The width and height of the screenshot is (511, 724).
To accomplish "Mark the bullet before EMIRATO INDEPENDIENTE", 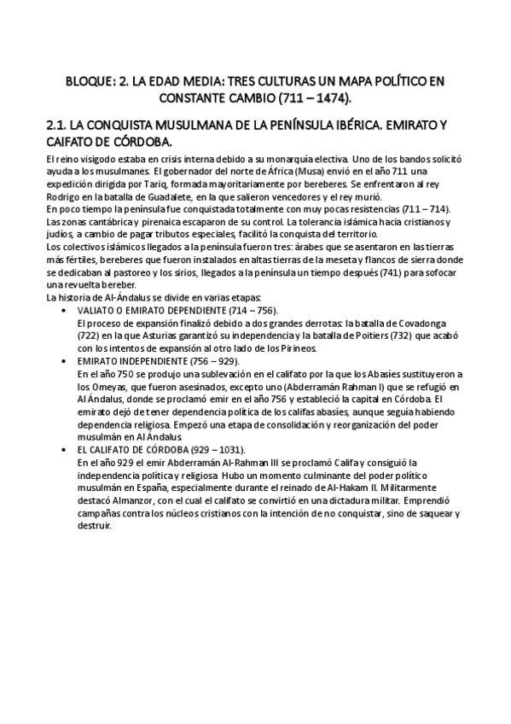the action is pos(66,361).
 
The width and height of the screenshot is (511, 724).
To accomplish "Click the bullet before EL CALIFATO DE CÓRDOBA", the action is pos(66,448).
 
